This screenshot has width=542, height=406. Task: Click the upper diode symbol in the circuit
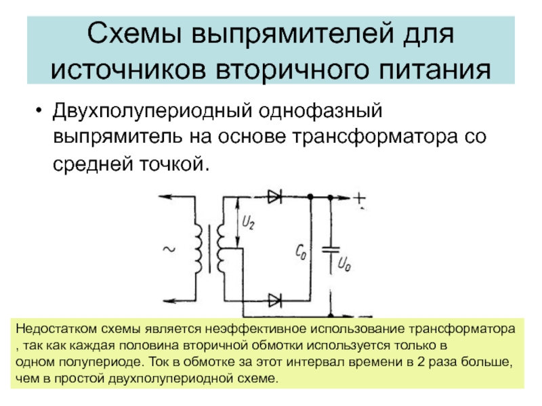point(275,197)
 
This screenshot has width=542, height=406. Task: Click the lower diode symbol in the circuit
point(275,298)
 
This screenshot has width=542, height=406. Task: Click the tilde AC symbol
point(169,250)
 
